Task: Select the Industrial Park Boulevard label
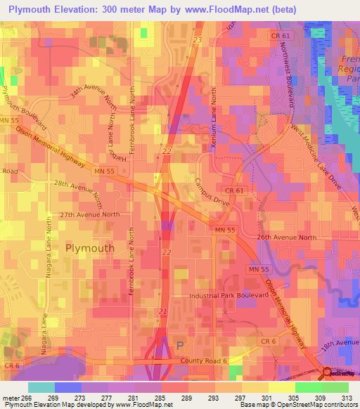coord(229,296)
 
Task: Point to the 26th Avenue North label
coord(287,238)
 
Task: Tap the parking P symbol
coord(179,345)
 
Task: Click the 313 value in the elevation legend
coord(346,397)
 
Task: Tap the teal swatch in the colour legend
coord(41,387)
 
